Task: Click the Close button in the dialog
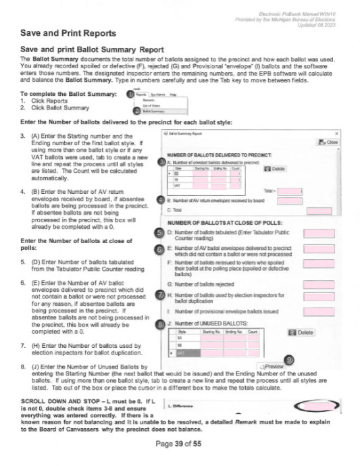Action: (x=332, y=143)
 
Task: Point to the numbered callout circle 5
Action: (x=159, y=234)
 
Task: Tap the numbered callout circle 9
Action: (x=288, y=359)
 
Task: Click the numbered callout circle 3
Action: (x=160, y=162)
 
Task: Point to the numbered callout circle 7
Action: (x=159, y=294)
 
